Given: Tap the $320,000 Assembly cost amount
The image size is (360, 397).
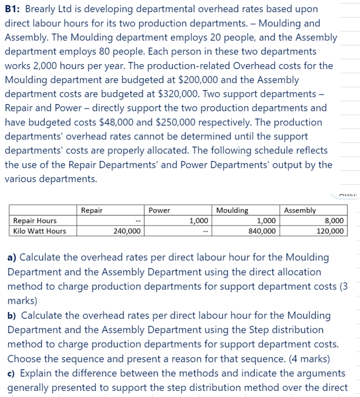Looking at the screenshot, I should (168, 94).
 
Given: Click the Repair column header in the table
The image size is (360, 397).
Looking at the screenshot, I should (92, 210).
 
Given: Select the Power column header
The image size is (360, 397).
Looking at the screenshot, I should (159, 210).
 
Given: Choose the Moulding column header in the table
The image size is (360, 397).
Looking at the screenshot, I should (232, 210).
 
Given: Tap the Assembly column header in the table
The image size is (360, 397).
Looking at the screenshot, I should (300, 210).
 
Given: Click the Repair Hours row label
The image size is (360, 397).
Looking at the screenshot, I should (35, 221).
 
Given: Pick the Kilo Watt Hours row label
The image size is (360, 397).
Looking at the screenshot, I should (39, 231).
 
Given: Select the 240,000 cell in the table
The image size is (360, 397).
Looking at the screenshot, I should (127, 231).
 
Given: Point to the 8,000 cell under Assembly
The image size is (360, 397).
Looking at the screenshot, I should (335, 221).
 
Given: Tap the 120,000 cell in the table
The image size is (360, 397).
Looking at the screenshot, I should (330, 231).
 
